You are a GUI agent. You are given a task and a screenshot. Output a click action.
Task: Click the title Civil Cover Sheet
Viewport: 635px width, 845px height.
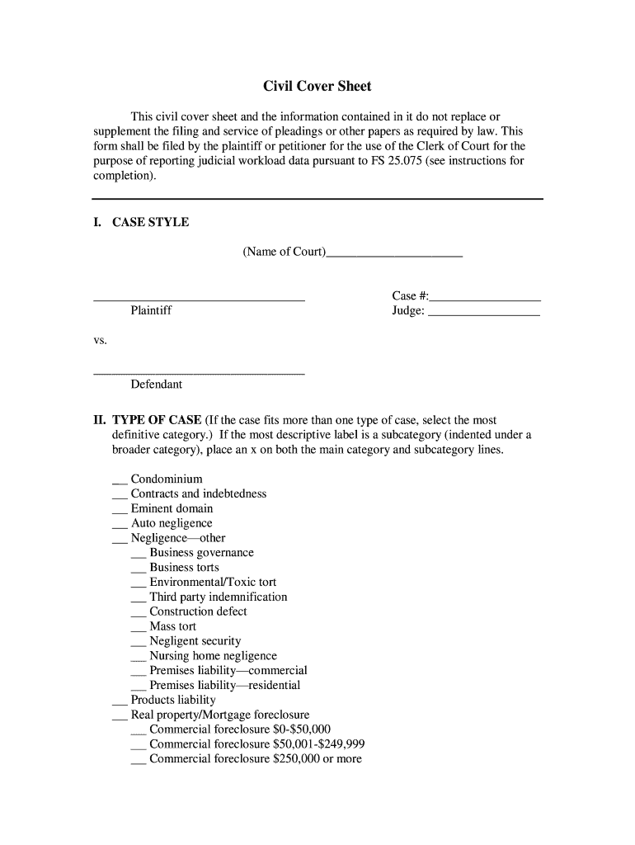pos(317,87)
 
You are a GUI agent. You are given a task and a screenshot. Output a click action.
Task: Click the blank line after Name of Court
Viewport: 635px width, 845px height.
pos(394,256)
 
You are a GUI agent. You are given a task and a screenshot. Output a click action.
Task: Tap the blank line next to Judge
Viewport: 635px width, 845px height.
pos(484,315)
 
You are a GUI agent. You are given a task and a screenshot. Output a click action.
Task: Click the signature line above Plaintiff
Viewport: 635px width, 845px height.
pos(199,300)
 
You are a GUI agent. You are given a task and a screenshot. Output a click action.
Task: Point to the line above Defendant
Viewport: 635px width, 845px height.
pos(199,374)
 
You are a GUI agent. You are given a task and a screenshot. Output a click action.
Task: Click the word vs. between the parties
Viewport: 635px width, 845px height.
pos(100,340)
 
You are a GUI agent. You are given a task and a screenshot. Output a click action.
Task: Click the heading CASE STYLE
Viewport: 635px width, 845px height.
pos(150,222)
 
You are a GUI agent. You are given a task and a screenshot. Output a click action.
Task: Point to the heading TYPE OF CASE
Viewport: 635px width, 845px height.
pos(157,420)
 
